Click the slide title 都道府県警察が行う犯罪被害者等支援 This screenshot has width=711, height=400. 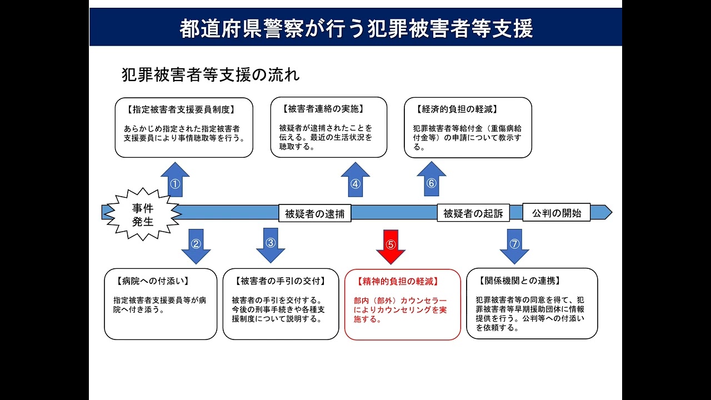point(355,28)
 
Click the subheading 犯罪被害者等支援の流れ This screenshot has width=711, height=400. point(211,75)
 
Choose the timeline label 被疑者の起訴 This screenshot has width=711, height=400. point(473,213)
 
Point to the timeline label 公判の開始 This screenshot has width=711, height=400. point(557,213)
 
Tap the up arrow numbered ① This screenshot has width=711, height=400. point(175,181)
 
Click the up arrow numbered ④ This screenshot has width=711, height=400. point(355,181)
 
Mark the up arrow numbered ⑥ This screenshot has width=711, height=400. point(432,180)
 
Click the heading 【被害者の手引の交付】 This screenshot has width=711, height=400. point(279,281)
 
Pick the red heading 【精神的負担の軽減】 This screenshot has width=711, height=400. point(398,281)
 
